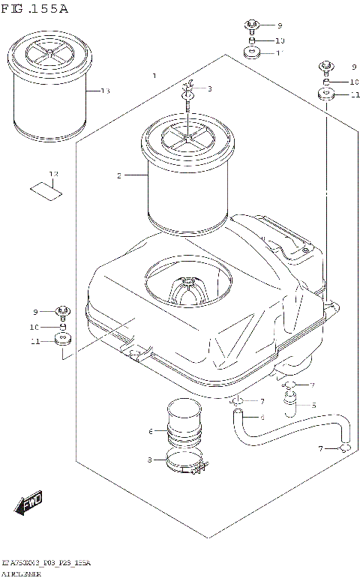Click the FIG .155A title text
[x=35, y=9]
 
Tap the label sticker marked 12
[x=46, y=189]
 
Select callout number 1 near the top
[x=154, y=76]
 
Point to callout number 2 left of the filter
[x=118, y=175]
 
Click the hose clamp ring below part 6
[x=185, y=466]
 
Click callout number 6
[x=151, y=431]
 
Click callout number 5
[x=313, y=406]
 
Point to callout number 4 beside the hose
[x=262, y=417]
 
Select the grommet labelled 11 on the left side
[x=62, y=343]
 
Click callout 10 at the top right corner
[x=354, y=82]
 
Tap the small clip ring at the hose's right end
[x=344, y=448]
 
